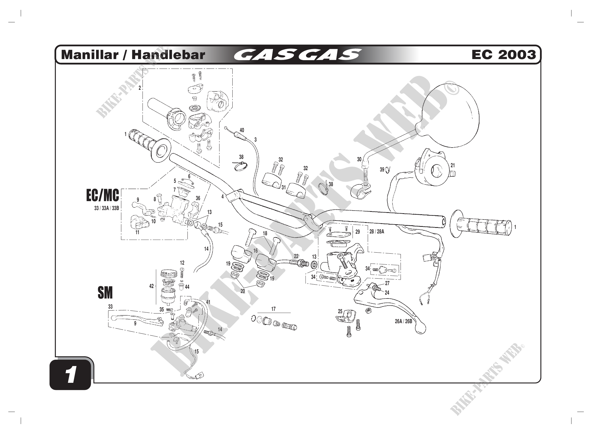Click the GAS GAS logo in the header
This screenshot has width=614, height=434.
click(x=297, y=55)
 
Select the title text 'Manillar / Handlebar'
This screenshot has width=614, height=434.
click(x=133, y=55)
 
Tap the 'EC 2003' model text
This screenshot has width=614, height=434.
click(x=503, y=55)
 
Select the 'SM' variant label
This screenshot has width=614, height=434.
click(x=105, y=293)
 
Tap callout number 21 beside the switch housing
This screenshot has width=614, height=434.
click(x=453, y=165)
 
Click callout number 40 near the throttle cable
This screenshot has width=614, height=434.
click(x=242, y=130)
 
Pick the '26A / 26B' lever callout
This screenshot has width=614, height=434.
click(x=403, y=321)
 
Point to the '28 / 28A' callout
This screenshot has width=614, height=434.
click(x=376, y=232)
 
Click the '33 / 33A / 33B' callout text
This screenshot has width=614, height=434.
click(x=106, y=208)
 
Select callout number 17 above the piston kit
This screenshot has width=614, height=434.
click(x=273, y=309)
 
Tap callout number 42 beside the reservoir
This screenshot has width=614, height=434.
click(x=151, y=286)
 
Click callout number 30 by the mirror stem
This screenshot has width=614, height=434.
click(x=359, y=159)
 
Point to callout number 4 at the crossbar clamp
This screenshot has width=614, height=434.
click(x=222, y=197)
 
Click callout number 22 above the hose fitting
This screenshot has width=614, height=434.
click(x=296, y=256)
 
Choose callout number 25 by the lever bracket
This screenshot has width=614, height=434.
click(x=340, y=311)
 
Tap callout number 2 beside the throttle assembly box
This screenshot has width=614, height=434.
click(x=140, y=88)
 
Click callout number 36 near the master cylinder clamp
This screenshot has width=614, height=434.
click(x=198, y=198)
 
